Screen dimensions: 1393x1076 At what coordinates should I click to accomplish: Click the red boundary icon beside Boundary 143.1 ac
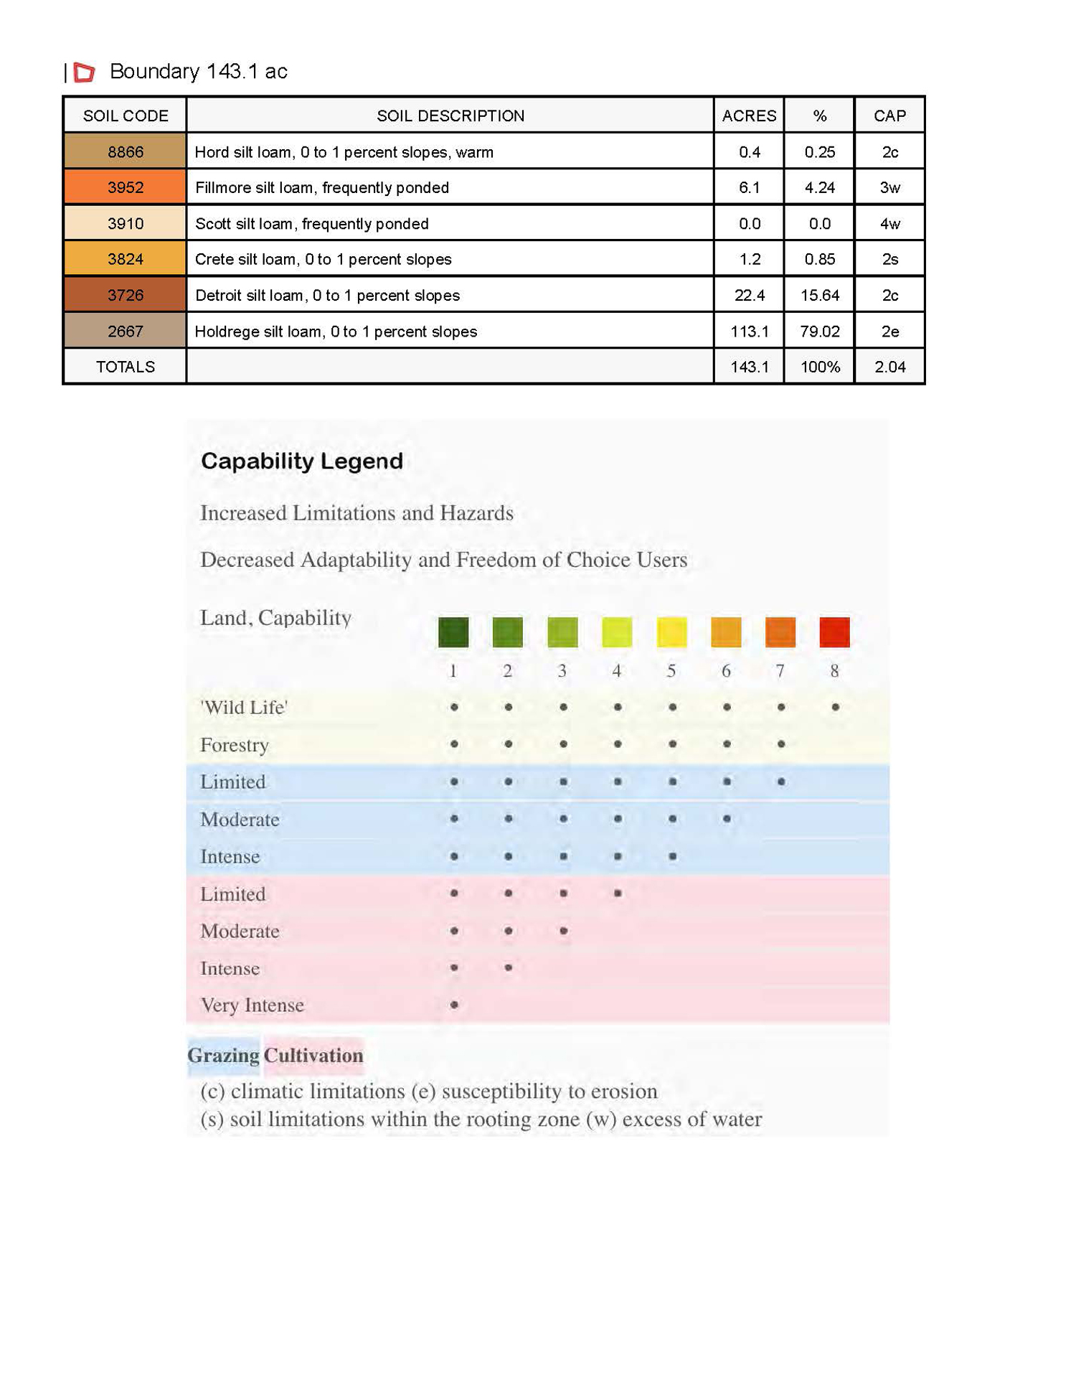pos(84,72)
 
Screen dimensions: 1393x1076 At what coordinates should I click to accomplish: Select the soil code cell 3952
pos(125,188)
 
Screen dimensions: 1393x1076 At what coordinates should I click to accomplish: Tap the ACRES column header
pos(749,116)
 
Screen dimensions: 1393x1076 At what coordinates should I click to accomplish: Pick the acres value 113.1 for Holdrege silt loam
pos(749,332)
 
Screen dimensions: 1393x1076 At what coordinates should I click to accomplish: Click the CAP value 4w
pos(889,224)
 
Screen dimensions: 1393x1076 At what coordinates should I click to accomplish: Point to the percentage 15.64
pos(819,296)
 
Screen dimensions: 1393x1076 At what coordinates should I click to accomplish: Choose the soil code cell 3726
pos(125,296)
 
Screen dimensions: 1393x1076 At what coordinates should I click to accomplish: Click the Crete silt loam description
pos(323,260)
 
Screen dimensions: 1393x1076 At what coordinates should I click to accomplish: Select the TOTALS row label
pos(125,367)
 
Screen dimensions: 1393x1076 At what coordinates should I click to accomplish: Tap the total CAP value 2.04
pos(889,367)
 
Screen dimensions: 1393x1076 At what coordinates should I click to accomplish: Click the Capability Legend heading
pos(301,461)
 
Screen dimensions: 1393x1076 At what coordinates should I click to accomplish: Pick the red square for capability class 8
pos(834,632)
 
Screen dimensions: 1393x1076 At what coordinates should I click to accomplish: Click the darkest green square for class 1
pos(453,632)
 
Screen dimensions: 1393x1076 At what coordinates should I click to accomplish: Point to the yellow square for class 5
pos(671,632)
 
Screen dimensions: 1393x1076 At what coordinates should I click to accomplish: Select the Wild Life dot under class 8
pos(835,708)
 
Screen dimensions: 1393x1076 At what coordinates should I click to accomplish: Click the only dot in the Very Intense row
pos(454,1005)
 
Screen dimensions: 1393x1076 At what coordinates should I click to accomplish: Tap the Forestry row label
pos(234,745)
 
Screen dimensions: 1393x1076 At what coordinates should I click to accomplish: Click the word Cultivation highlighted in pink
pos(313,1056)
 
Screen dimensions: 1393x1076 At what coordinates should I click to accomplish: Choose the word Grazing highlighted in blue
pos(223,1056)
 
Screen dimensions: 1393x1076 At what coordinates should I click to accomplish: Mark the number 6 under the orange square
pos(726,671)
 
